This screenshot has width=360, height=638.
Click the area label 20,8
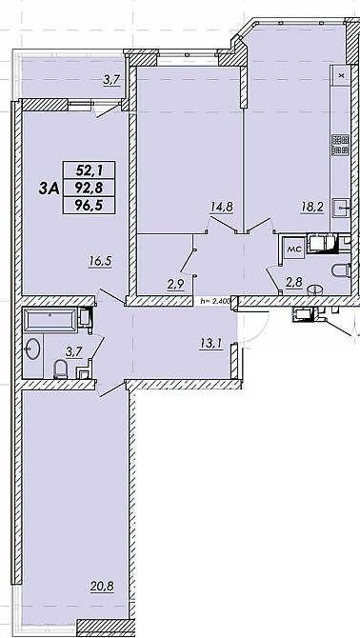pos(103,587)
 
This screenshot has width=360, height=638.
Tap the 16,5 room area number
pos(100,261)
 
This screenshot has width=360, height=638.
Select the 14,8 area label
pos(221,207)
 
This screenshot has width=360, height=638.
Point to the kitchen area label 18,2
pos(311,207)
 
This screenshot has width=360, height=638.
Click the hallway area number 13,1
pos(210,344)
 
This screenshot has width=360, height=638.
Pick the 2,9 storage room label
pos(176,284)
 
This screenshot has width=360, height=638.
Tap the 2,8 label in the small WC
pos(293,284)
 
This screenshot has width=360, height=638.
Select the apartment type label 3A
pos(49,189)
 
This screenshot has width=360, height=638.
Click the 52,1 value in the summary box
pos(89,169)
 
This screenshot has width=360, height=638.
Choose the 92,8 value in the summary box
pos(89,188)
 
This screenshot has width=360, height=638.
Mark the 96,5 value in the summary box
pos(89,206)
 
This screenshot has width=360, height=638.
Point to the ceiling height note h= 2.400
pos(215,301)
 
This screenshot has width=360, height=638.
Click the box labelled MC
pos(294,249)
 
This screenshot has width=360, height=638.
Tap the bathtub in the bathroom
pos(50,319)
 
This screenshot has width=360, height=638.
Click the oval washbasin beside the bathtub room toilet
pos(32,349)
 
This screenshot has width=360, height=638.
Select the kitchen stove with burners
pos(341,146)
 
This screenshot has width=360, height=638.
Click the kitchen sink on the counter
pos(341,209)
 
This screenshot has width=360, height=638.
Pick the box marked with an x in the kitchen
pos(341,75)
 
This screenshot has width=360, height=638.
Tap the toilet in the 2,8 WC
pos(342,270)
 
